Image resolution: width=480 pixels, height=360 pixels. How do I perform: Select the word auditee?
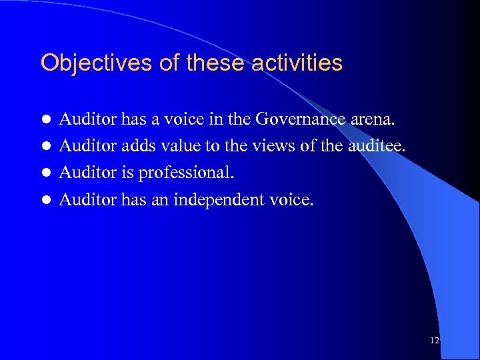pos(378,146)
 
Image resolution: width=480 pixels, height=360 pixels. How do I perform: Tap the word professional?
pos(186,173)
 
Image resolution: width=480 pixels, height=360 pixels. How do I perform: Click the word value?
pos(173,146)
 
